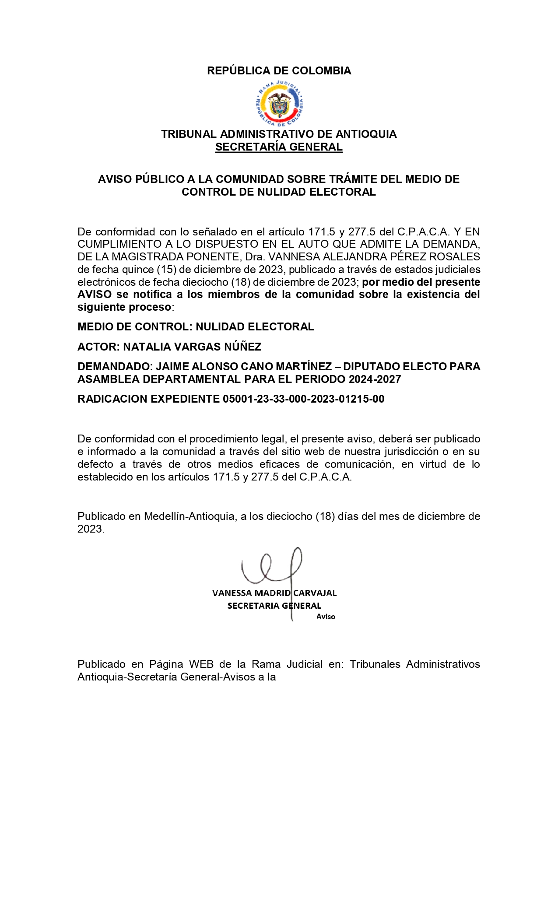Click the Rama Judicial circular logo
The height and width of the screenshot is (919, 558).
(x=279, y=104)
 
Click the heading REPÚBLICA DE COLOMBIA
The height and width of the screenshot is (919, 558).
(x=279, y=71)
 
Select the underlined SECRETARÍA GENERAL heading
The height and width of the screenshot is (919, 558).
(x=279, y=147)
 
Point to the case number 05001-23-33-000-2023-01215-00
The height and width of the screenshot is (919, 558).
(x=303, y=399)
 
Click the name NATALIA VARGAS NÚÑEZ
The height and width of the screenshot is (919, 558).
(x=192, y=347)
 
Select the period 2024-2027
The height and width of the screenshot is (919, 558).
(x=375, y=379)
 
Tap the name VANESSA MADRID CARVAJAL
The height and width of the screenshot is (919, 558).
(x=274, y=593)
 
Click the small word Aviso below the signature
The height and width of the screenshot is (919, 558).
(x=326, y=617)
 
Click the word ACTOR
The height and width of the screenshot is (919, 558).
(x=97, y=347)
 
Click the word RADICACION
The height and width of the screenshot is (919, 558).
(x=112, y=399)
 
